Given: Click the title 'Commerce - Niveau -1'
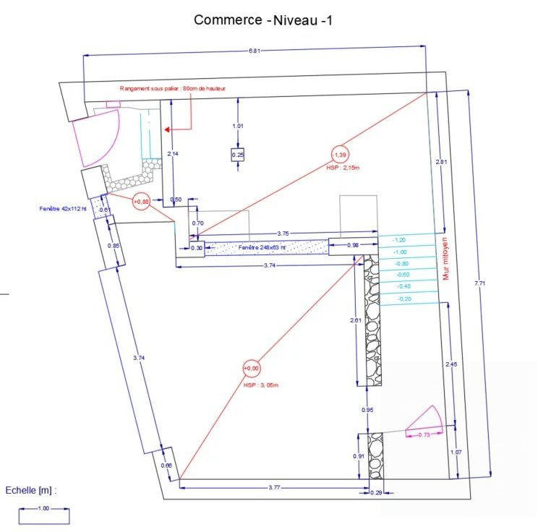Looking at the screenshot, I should pyautogui.click(x=262, y=20).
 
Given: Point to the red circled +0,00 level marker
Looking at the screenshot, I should pyautogui.click(x=251, y=369).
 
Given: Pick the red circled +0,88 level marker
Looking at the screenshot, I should pyautogui.click(x=141, y=203).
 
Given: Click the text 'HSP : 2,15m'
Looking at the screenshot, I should pyautogui.click(x=343, y=168).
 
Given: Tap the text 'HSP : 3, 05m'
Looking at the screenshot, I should pyautogui.click(x=261, y=385).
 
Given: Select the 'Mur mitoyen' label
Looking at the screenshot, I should pyautogui.click(x=446, y=258).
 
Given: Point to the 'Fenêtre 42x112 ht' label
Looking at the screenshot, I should pyautogui.click(x=64, y=208).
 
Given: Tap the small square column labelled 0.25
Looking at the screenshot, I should pyautogui.click(x=238, y=155).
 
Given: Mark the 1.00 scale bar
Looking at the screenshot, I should pyautogui.click(x=44, y=515).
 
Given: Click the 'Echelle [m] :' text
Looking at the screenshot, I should pyautogui.click(x=31, y=490).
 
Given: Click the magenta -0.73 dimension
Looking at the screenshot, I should pyautogui.click(x=422, y=434).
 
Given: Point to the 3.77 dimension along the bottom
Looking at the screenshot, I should pyautogui.click(x=274, y=488).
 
